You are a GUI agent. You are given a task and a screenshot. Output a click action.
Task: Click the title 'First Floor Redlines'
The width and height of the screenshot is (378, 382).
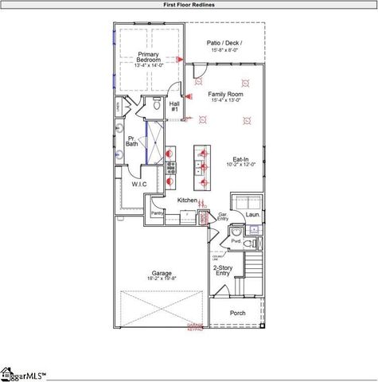189,4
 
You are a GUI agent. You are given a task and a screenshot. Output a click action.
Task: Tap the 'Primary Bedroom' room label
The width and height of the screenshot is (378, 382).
148,58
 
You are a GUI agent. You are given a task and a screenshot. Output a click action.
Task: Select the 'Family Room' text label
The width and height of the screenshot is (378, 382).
227,94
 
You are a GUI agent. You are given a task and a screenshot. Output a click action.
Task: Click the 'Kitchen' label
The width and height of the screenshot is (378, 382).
187,200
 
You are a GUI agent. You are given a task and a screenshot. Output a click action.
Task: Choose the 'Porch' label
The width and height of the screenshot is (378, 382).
238,313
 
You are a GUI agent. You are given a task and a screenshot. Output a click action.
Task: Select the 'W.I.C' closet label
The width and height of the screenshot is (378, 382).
140,184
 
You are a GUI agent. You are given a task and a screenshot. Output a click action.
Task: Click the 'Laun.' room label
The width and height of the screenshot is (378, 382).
252,215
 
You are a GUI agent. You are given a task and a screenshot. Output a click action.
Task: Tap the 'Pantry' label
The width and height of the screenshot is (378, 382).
157,213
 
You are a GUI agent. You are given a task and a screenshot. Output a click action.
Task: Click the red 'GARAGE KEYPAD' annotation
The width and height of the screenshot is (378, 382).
196,327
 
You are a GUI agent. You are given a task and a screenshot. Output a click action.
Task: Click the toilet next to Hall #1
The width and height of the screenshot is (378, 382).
157,104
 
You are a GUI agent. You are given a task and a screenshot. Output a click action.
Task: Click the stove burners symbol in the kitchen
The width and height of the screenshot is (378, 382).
170,166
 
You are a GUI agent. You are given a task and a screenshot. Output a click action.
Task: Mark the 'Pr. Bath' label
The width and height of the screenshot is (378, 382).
131,141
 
